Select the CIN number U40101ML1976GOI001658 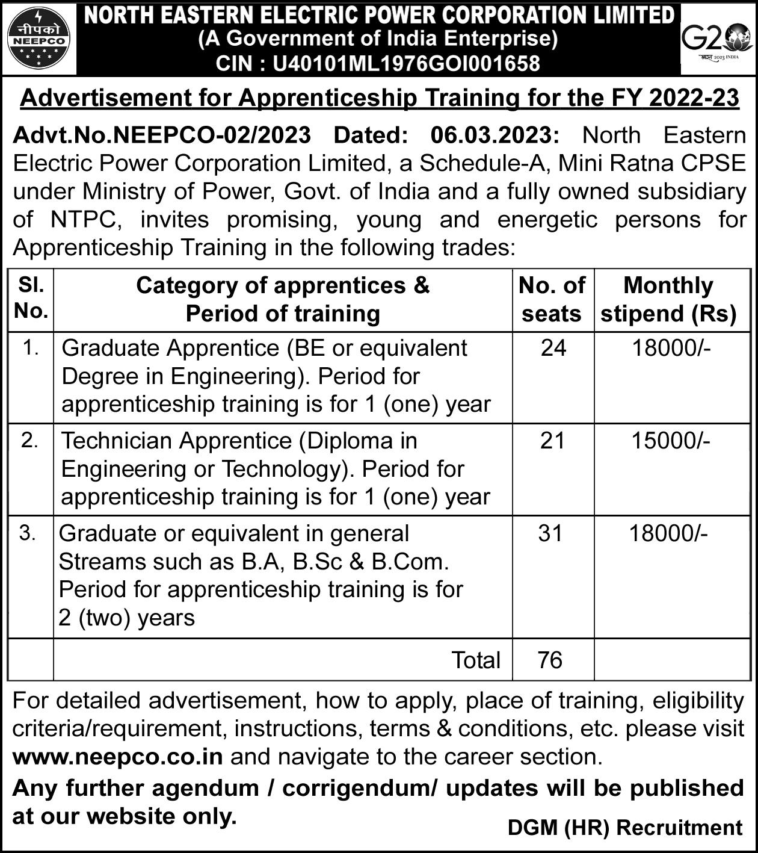[406, 63]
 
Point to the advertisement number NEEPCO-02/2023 [212, 135]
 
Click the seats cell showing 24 [553, 348]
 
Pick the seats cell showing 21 [552, 441]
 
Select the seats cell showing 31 [550, 533]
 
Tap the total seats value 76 [550, 660]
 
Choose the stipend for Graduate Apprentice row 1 [671, 348]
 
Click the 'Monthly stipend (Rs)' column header [668, 299]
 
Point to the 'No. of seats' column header [552, 299]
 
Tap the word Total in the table [476, 660]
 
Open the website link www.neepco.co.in [118, 757]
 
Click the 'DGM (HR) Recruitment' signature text [625, 828]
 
